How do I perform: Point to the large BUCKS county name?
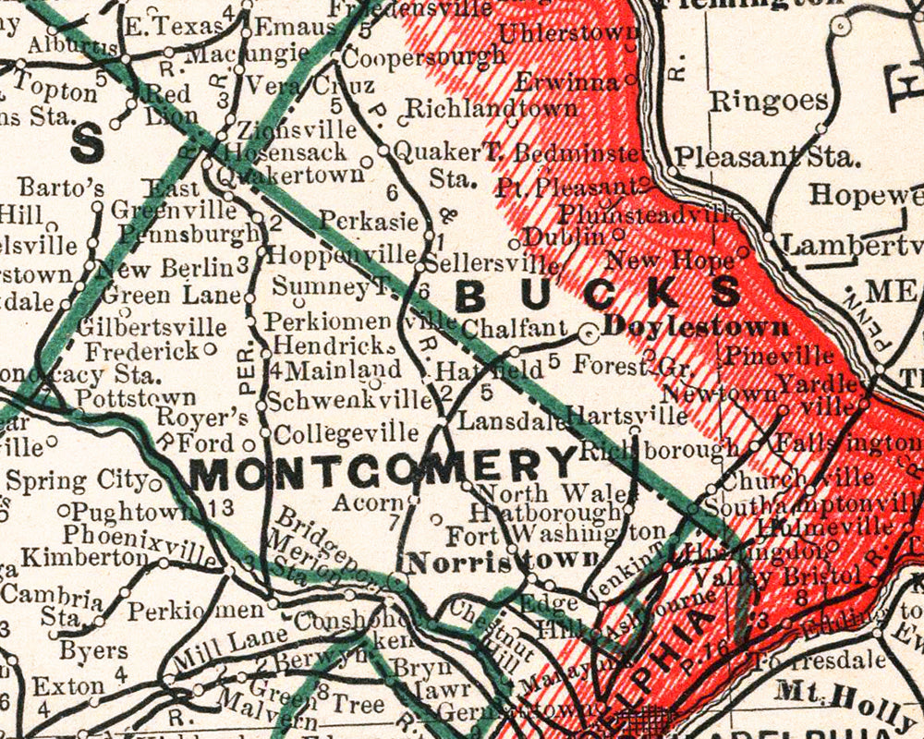pos(598,295)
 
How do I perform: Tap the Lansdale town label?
pos(499,420)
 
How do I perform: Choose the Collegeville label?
pos(346,432)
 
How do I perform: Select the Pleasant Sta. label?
pos(767,157)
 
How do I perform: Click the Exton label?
pos(68,686)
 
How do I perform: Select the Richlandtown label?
pos(492,108)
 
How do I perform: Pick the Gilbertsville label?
pos(152,327)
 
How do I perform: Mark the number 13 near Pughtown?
pos(223,507)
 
